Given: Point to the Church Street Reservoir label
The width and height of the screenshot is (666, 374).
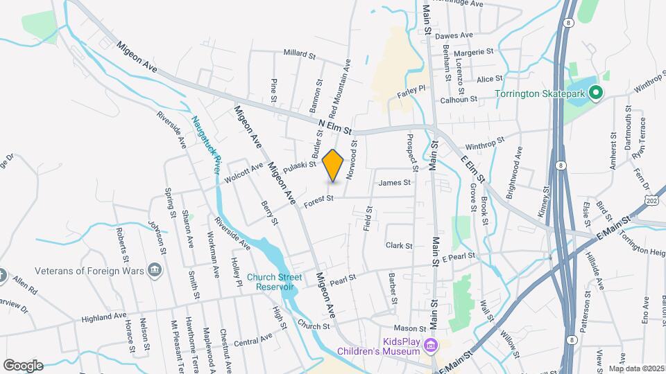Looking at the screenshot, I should pyautogui.click(x=275, y=283).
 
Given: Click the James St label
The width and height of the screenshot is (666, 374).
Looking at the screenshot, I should pyautogui.click(x=395, y=183).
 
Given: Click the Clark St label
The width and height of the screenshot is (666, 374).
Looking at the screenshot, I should pyautogui.click(x=399, y=245).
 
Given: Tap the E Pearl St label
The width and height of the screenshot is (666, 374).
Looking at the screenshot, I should pyautogui.click(x=458, y=257).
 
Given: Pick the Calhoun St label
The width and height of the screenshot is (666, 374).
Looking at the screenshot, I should pyautogui.click(x=459, y=99).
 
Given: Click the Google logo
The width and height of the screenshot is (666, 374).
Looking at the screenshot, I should pyautogui.click(x=23, y=365).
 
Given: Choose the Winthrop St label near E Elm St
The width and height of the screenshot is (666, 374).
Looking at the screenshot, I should pyautogui.click(x=482, y=146).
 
